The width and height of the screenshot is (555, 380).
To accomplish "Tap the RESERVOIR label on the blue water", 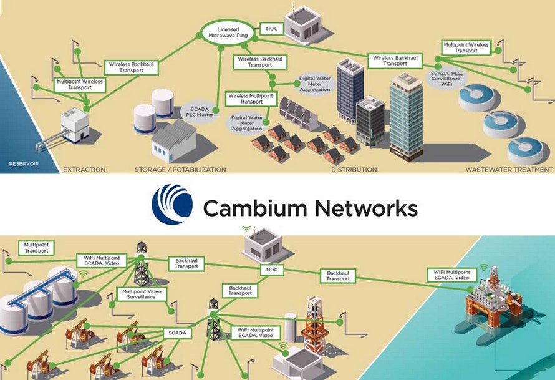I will (x=24, y=164).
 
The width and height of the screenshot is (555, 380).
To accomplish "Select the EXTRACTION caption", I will (x=84, y=170).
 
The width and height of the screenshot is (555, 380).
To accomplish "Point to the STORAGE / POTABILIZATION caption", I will (x=180, y=170).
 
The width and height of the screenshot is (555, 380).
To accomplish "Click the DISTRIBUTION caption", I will (x=354, y=170).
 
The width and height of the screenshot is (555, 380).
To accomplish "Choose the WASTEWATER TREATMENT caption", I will (x=509, y=170).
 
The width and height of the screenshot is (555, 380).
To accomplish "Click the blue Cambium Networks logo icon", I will (x=173, y=204).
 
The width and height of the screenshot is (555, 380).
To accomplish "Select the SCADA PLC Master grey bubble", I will (x=195, y=115).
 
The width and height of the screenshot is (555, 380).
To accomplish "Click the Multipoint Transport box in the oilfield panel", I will (x=36, y=248).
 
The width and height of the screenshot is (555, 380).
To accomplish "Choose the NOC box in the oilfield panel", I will (x=271, y=270).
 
